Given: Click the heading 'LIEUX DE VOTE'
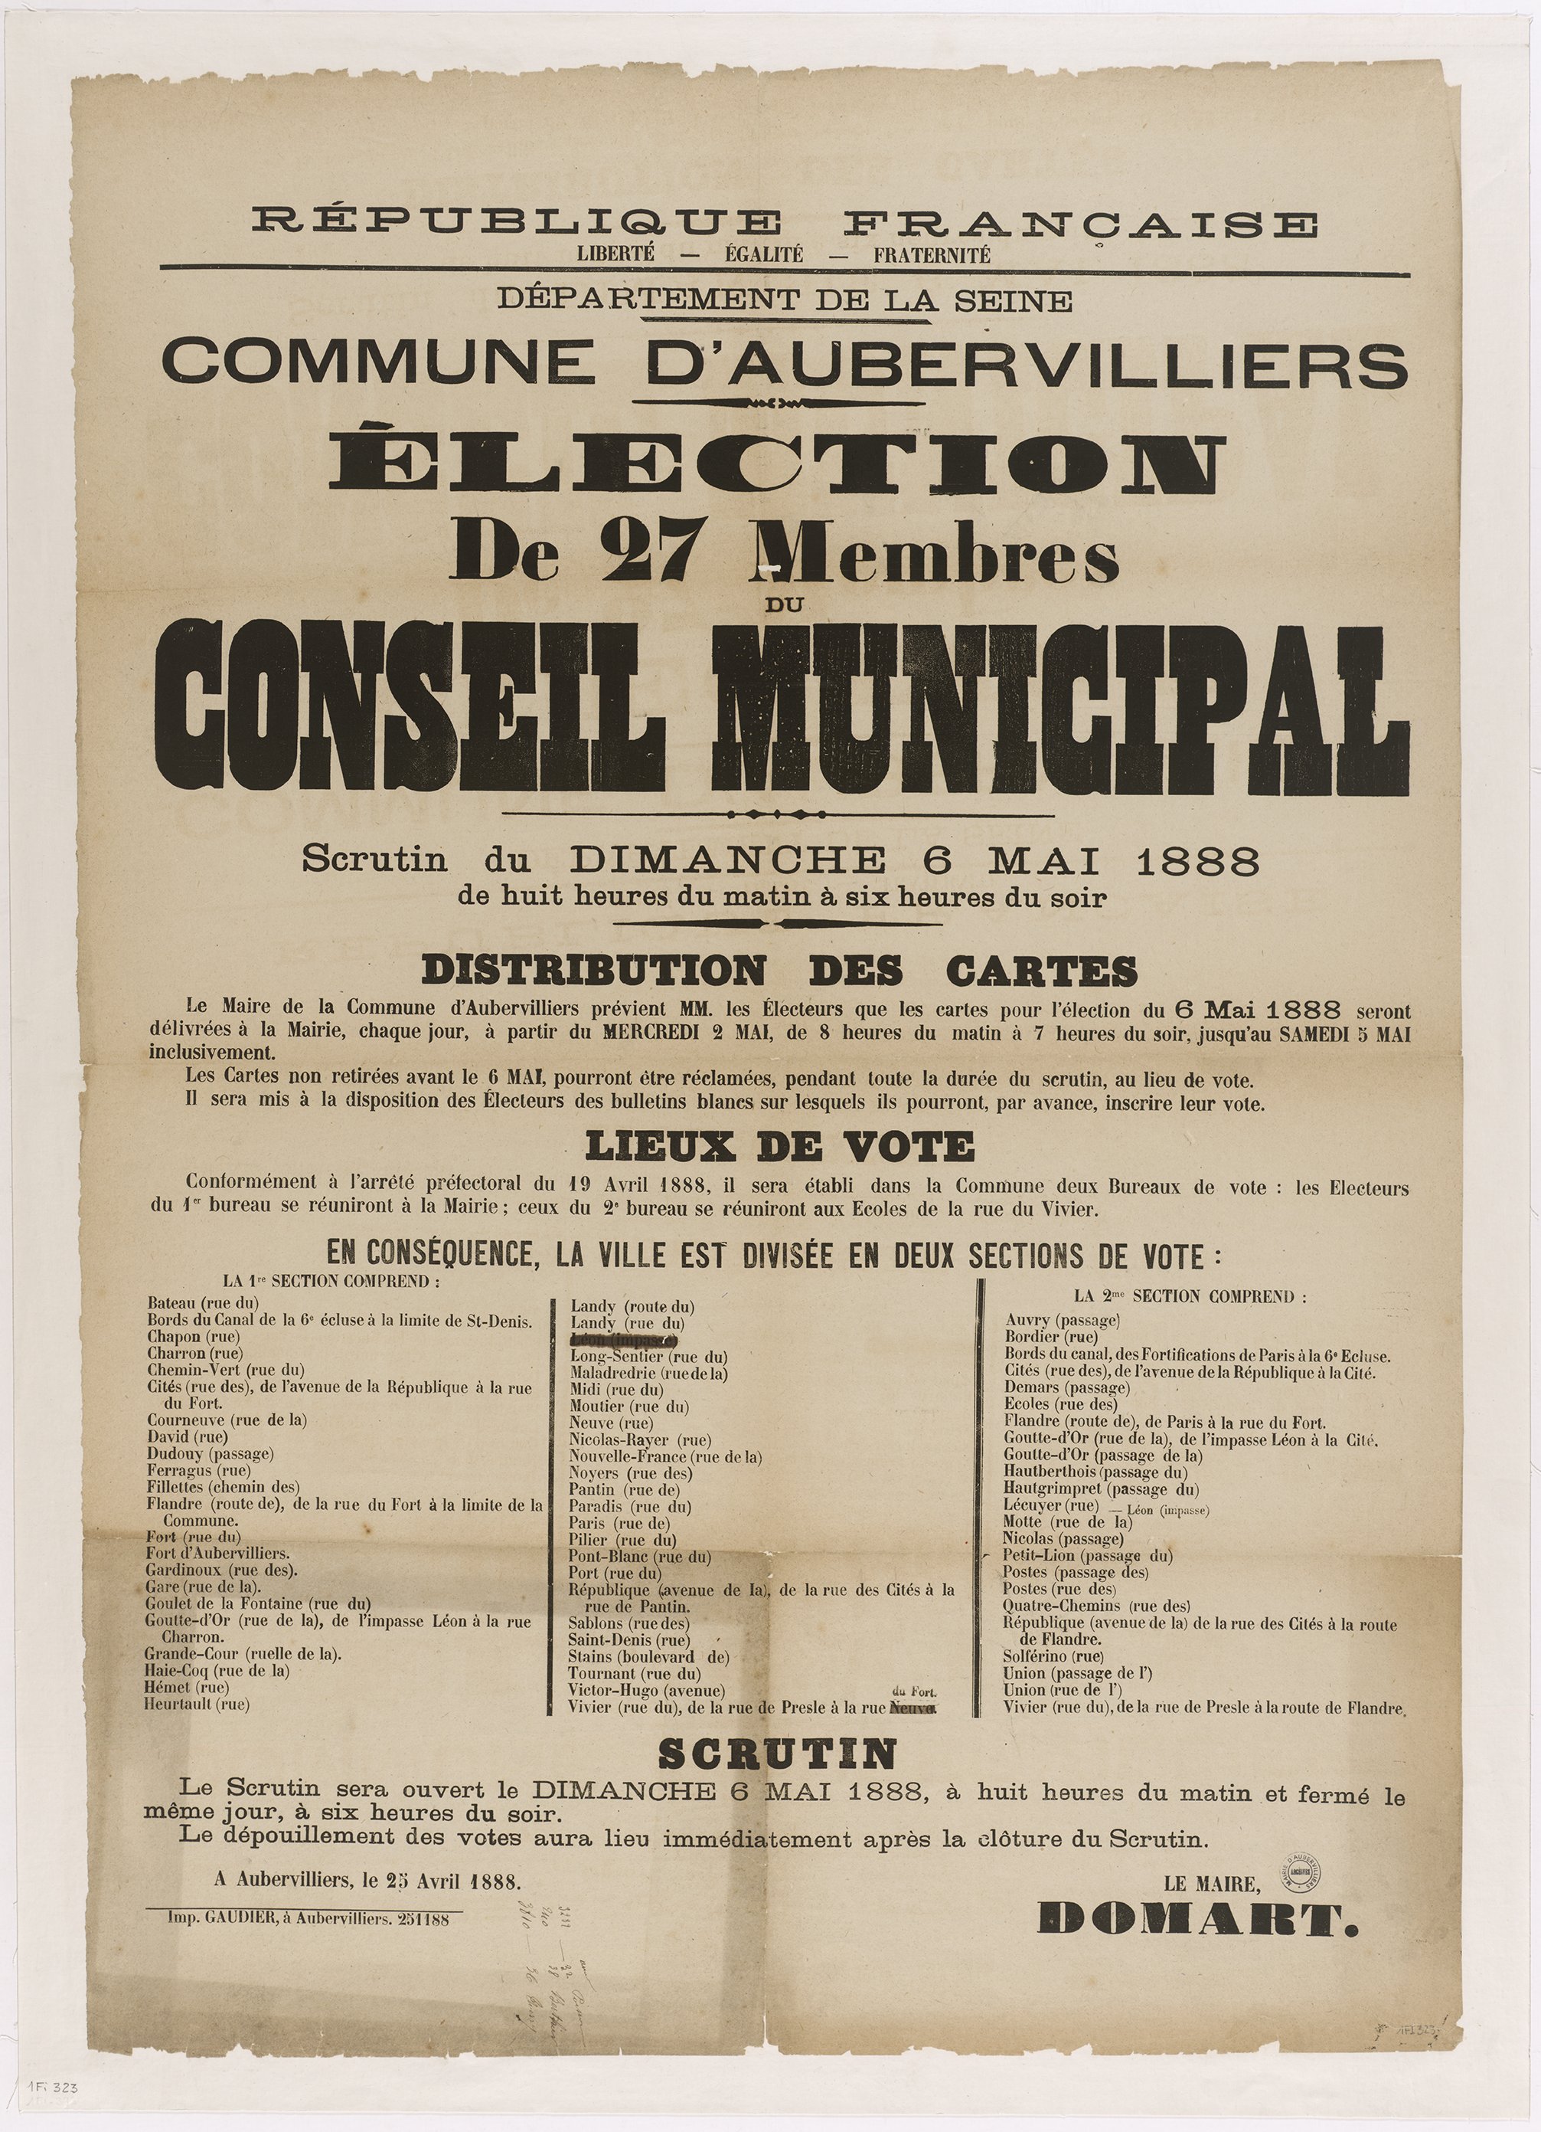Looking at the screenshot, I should pos(779,1146).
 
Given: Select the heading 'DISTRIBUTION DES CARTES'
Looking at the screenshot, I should pos(779,970).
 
